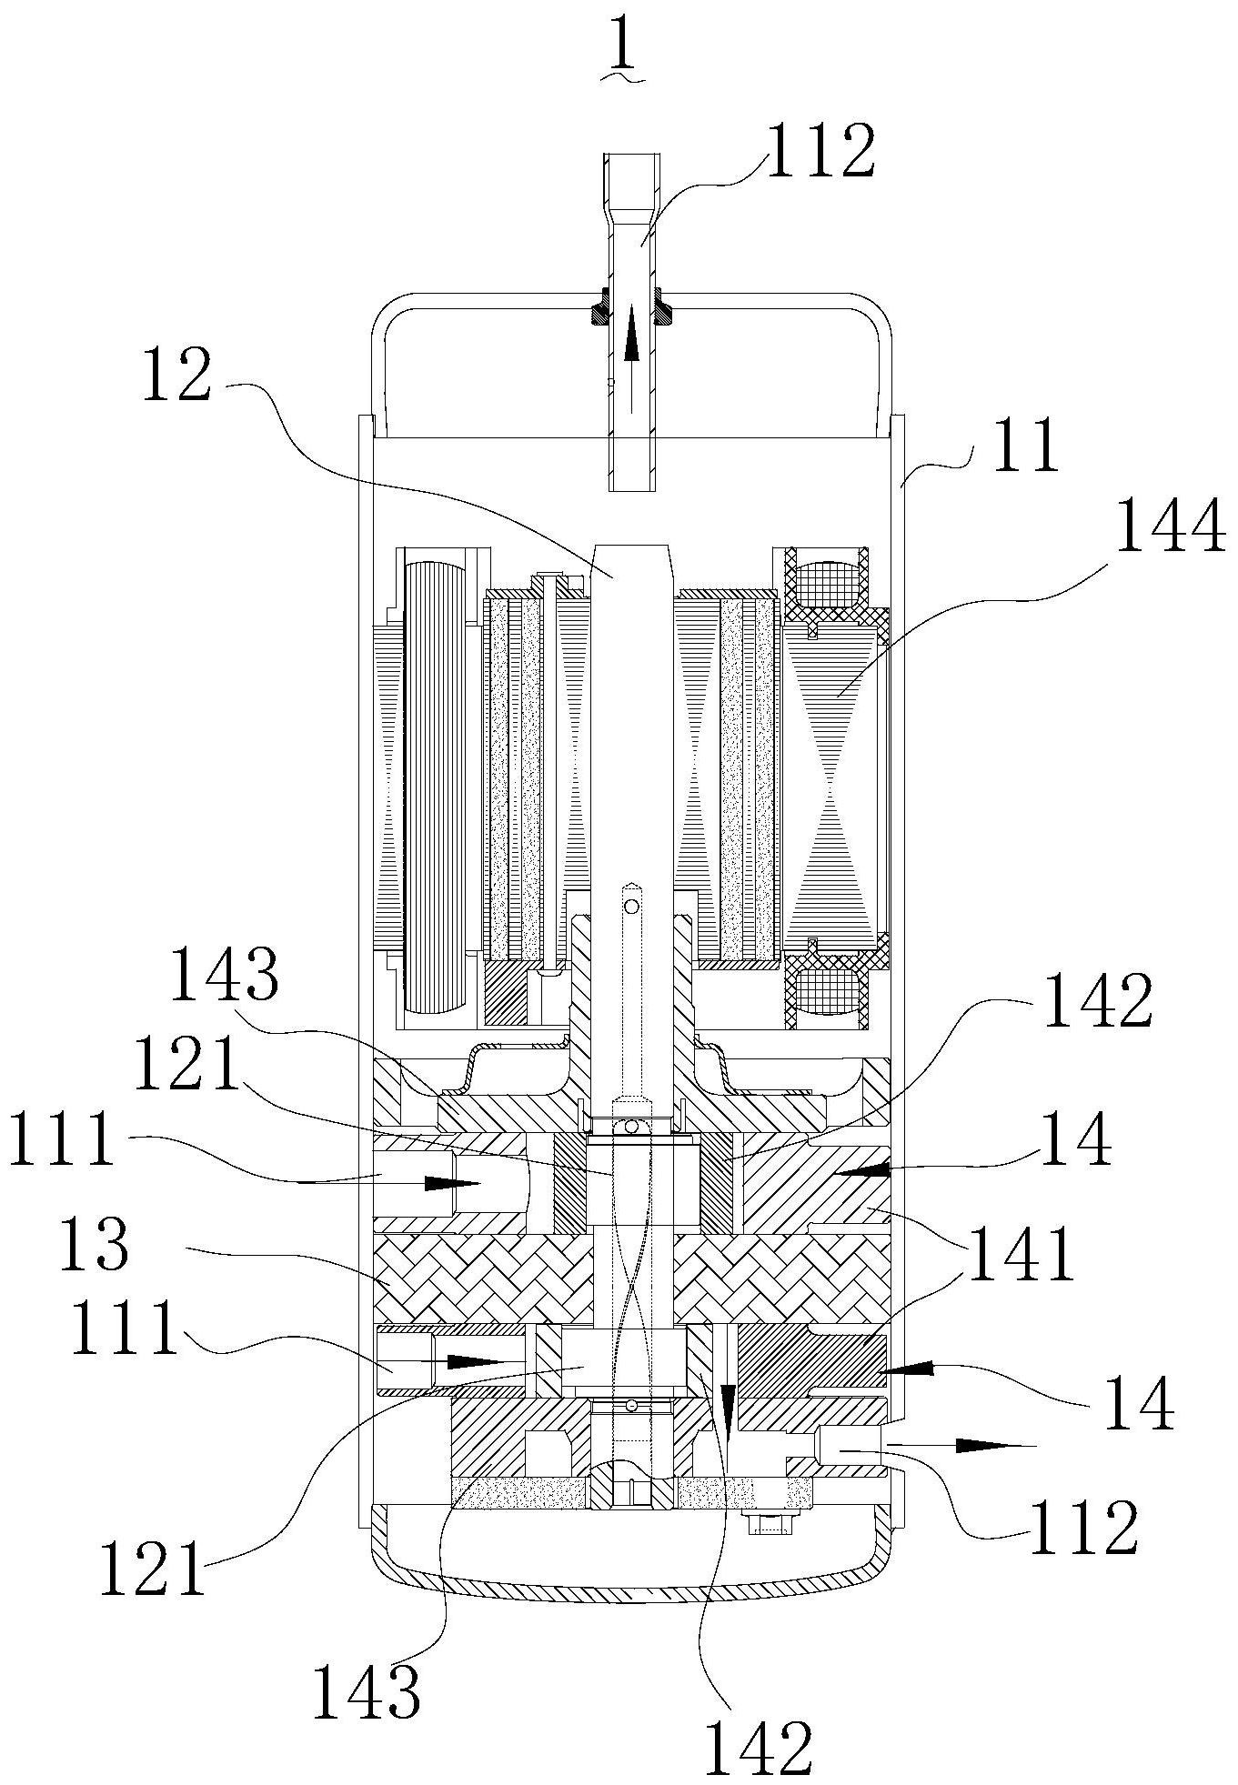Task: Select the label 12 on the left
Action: (x=176, y=375)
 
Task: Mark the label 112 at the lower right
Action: (x=1083, y=1526)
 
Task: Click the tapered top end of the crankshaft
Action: (x=633, y=557)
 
